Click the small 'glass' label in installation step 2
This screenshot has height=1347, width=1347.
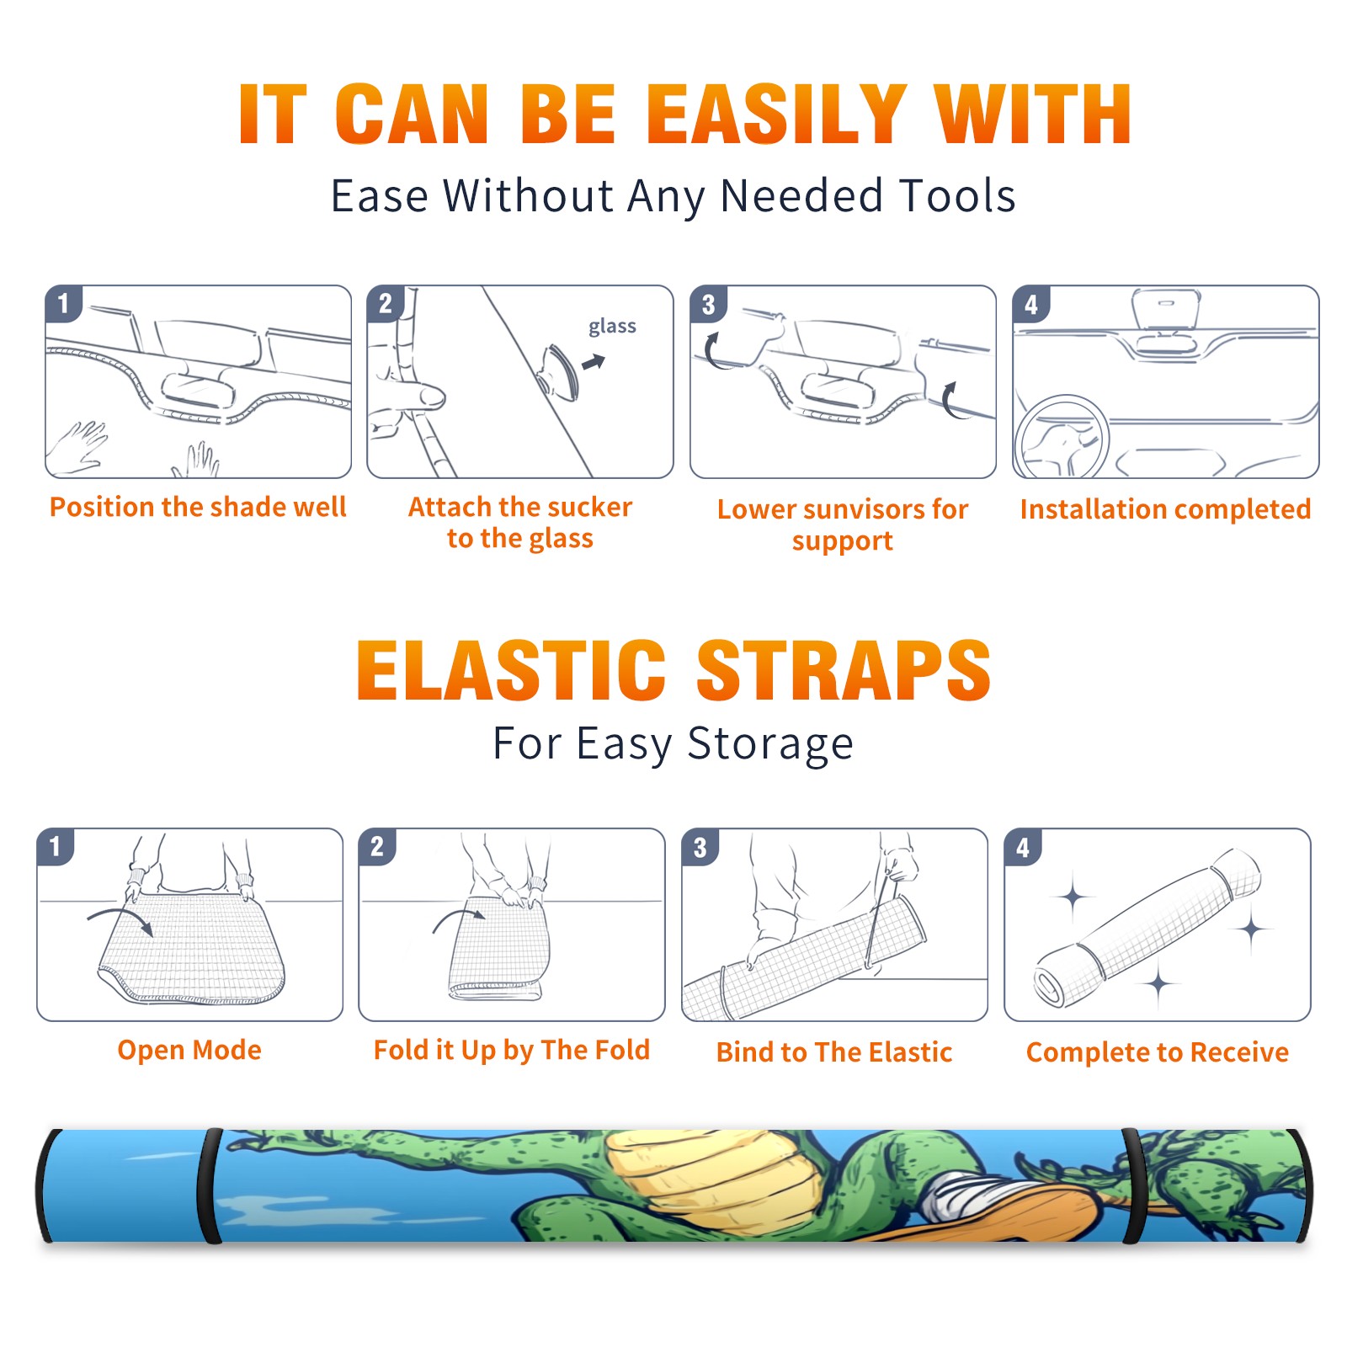[612, 327]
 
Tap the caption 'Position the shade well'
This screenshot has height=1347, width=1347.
[198, 507]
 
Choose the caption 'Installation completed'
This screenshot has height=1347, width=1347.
[1165, 509]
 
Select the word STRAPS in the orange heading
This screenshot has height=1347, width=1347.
[844, 670]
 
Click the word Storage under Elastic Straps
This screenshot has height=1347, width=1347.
[770, 744]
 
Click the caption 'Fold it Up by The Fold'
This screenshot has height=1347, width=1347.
[512, 1051]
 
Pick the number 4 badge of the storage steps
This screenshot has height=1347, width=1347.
[1023, 847]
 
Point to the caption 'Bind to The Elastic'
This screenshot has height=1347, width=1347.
[834, 1052]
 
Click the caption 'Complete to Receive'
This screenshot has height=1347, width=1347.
[1158, 1052]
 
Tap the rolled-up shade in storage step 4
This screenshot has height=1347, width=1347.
[1148, 928]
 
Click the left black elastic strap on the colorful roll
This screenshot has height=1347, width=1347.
[210, 1186]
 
